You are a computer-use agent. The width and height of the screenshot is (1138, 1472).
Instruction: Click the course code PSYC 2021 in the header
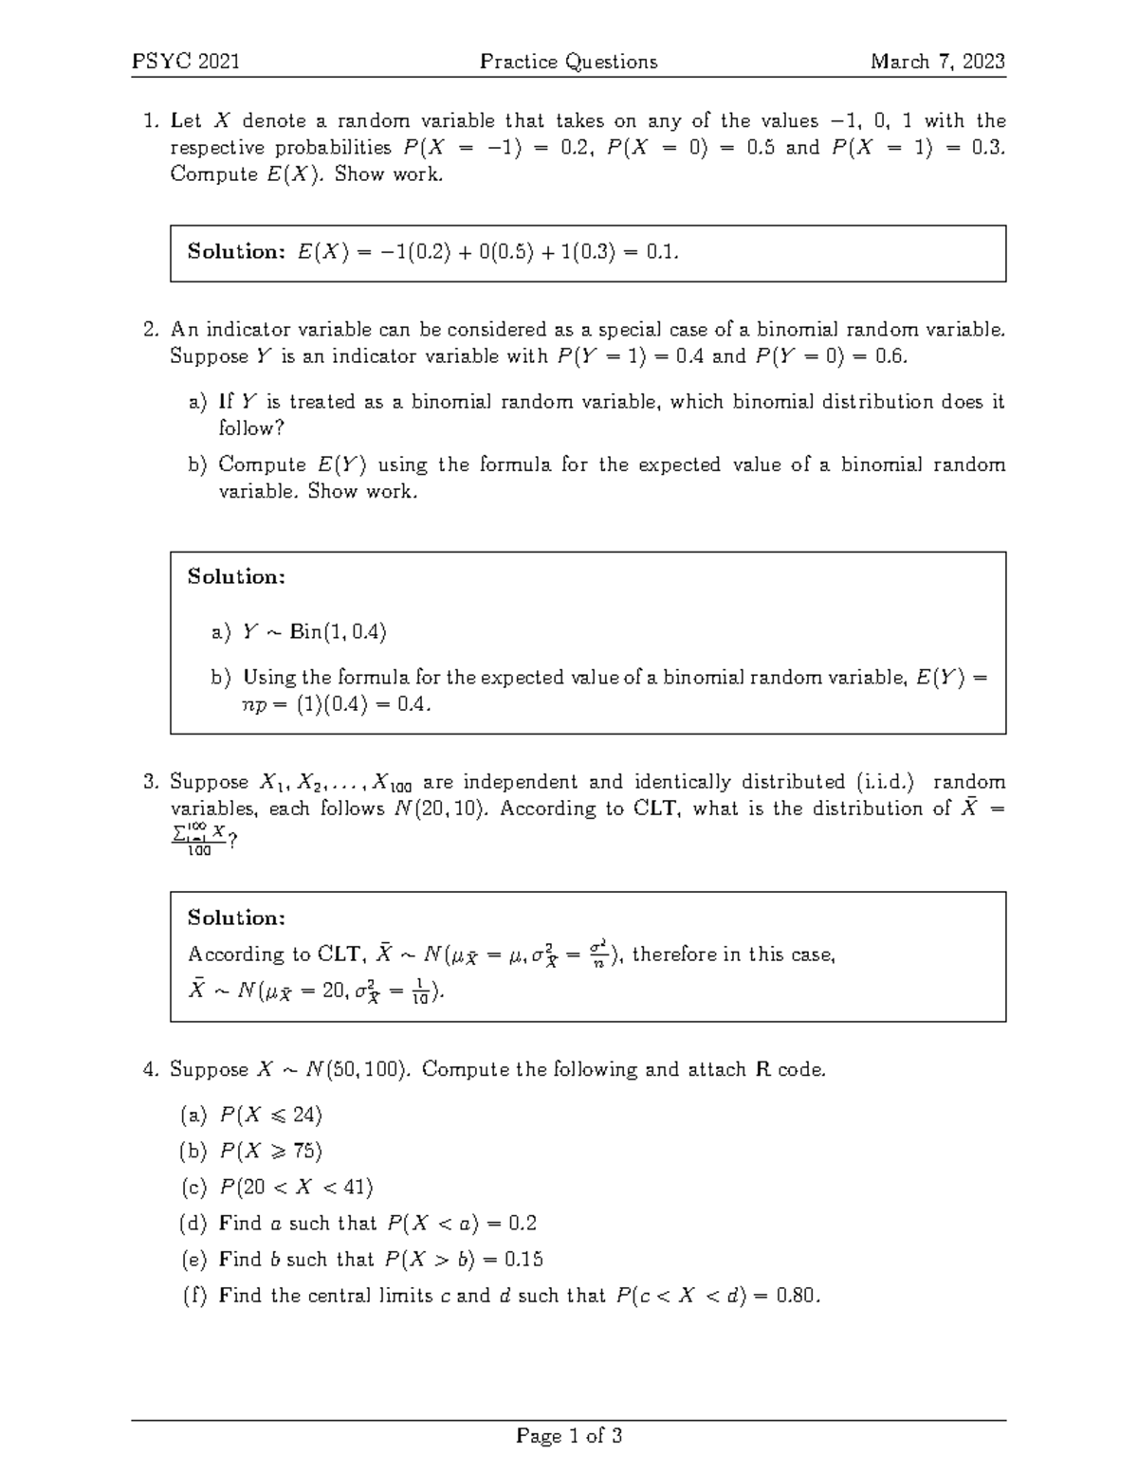pyautogui.click(x=186, y=63)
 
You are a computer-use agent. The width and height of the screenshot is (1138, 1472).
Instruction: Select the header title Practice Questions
pyautogui.click(x=568, y=63)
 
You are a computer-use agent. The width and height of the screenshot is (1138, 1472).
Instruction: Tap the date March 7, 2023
pyautogui.click(x=938, y=63)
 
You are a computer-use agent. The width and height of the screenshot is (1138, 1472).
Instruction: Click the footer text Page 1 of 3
pyautogui.click(x=568, y=1436)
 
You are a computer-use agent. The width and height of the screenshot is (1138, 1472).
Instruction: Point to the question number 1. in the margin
pyautogui.click(x=150, y=121)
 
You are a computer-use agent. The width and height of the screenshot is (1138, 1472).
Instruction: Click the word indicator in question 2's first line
pyautogui.click(x=246, y=330)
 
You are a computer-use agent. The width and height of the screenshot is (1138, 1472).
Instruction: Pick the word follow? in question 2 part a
pyautogui.click(x=251, y=428)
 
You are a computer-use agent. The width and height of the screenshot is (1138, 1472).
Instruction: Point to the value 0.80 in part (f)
pyautogui.click(x=795, y=1296)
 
